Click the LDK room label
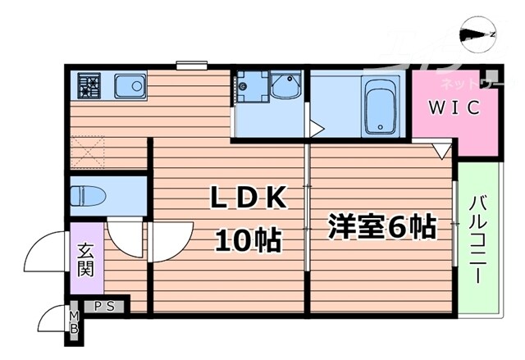[x=248, y=199]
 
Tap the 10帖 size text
[x=248, y=240]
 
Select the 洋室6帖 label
[x=381, y=226]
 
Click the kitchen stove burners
[x=88, y=84]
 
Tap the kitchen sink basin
[x=129, y=84]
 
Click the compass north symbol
[x=478, y=33]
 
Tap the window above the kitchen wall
[x=191, y=63]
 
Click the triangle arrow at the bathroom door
[x=314, y=127]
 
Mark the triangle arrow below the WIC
[x=441, y=150]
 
